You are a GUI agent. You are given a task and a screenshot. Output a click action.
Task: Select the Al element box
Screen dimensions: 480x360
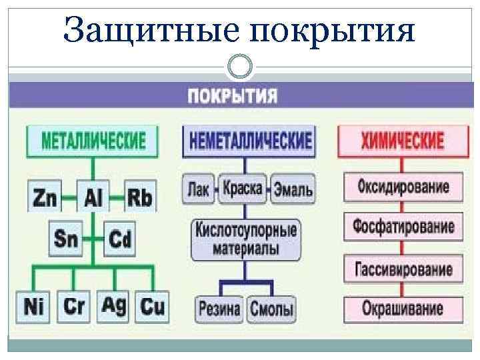point(93,197)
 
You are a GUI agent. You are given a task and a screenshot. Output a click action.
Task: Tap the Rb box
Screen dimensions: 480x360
point(139,197)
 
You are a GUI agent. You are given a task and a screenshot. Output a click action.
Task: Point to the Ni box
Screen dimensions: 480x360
point(33,307)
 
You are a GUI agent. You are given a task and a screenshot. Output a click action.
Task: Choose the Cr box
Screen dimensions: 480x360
point(74,307)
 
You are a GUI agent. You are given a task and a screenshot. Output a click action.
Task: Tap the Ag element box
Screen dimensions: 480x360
point(114,305)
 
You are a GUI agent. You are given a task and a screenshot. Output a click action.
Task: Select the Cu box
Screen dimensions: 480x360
point(152,307)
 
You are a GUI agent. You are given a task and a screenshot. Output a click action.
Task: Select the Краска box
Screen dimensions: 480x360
point(243,188)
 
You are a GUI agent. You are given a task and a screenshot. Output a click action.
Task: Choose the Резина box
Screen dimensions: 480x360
point(219,309)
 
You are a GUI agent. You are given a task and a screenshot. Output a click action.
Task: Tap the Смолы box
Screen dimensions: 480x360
point(271,309)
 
